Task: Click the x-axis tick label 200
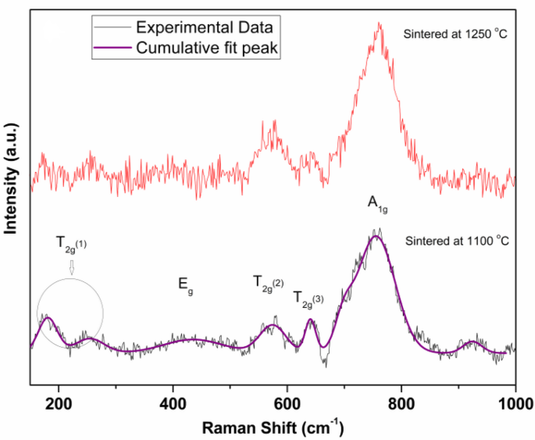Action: tap(59, 403)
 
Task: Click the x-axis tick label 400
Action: tap(173, 403)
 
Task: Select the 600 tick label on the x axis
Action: tap(287, 403)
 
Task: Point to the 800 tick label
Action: tap(401, 403)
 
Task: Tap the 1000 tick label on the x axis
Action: tap(512, 403)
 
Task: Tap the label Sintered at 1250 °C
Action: tap(455, 34)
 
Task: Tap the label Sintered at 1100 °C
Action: tap(458, 240)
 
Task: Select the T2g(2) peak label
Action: tap(268, 282)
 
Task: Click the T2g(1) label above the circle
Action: tap(71, 244)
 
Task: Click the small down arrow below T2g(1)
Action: tap(71, 267)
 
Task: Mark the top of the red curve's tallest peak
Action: tap(380, 24)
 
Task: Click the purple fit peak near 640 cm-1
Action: tap(310, 320)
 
